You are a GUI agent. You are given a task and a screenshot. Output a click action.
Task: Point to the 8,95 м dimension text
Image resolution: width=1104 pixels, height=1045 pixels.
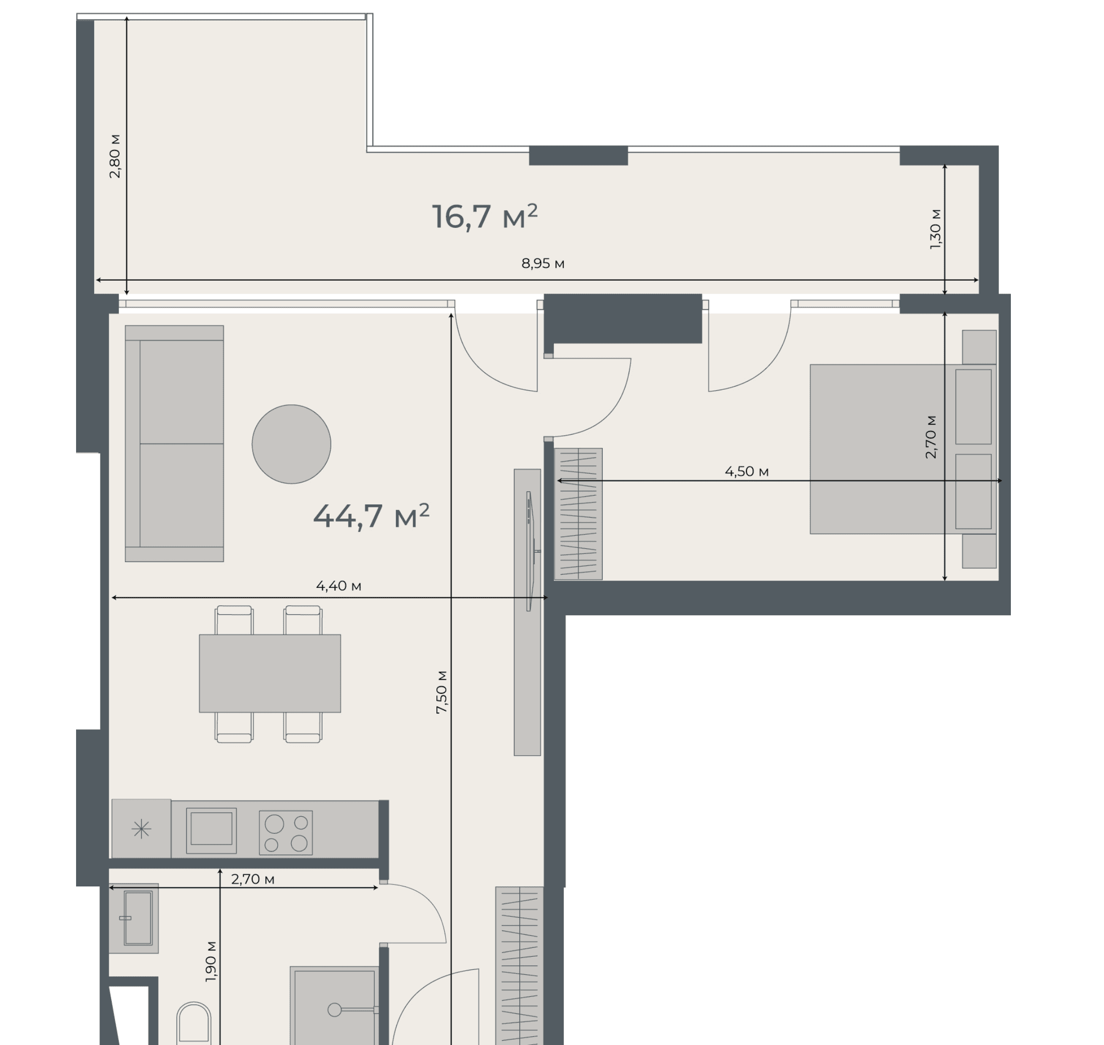point(543,263)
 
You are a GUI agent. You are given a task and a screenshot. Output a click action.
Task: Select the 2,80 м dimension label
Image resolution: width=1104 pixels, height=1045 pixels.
point(115,156)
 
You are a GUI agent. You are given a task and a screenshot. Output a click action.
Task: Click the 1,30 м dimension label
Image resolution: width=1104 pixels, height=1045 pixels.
point(935,229)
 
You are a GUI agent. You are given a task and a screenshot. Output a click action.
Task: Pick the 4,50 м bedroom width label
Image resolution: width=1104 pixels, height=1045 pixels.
point(747,472)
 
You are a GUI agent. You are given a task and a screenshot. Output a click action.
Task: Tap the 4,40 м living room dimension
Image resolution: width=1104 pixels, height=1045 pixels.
point(338,586)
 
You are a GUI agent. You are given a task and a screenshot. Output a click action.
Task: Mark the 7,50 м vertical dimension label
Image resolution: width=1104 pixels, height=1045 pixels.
point(441,692)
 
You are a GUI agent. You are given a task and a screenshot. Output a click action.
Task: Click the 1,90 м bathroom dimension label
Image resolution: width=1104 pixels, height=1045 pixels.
point(211,962)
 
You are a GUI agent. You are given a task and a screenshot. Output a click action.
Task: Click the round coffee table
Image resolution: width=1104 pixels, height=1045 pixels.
point(291,444)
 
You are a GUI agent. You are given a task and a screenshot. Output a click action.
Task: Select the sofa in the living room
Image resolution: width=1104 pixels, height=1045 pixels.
point(174,443)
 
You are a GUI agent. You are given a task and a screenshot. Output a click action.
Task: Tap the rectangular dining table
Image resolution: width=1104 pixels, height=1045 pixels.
point(270,673)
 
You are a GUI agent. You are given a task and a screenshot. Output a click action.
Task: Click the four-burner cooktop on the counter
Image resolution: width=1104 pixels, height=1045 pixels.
point(286,833)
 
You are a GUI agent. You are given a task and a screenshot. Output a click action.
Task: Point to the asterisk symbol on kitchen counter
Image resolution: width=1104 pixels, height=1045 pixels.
point(141,829)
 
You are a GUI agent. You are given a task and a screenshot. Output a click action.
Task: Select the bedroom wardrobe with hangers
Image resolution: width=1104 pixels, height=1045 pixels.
point(578,514)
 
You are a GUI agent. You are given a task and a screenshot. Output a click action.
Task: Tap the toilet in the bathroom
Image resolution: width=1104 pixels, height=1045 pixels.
point(194,1025)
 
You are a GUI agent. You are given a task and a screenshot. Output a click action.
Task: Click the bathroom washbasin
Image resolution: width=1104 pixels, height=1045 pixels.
point(134,918)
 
